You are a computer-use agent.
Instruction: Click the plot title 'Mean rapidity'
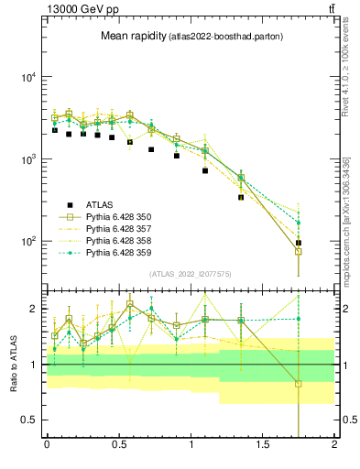132,36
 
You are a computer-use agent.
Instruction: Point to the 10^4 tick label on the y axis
27,77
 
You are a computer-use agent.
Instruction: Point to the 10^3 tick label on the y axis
27,159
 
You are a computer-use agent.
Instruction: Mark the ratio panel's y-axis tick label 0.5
30,420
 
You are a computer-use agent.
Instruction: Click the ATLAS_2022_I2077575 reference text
191,274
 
